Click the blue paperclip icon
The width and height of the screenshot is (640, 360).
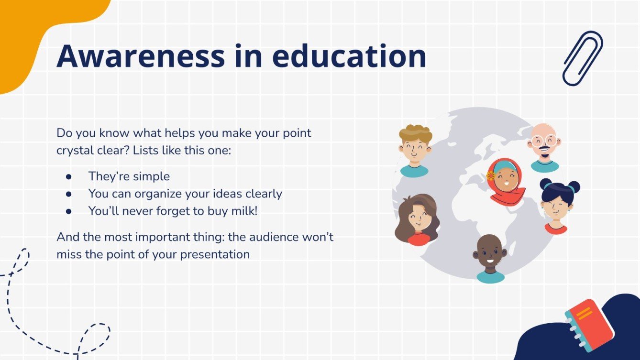click(583, 58)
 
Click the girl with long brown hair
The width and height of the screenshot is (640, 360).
click(416, 219)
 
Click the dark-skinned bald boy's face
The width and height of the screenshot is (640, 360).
click(489, 255)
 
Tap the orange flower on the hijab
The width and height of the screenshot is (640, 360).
click(491, 175)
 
